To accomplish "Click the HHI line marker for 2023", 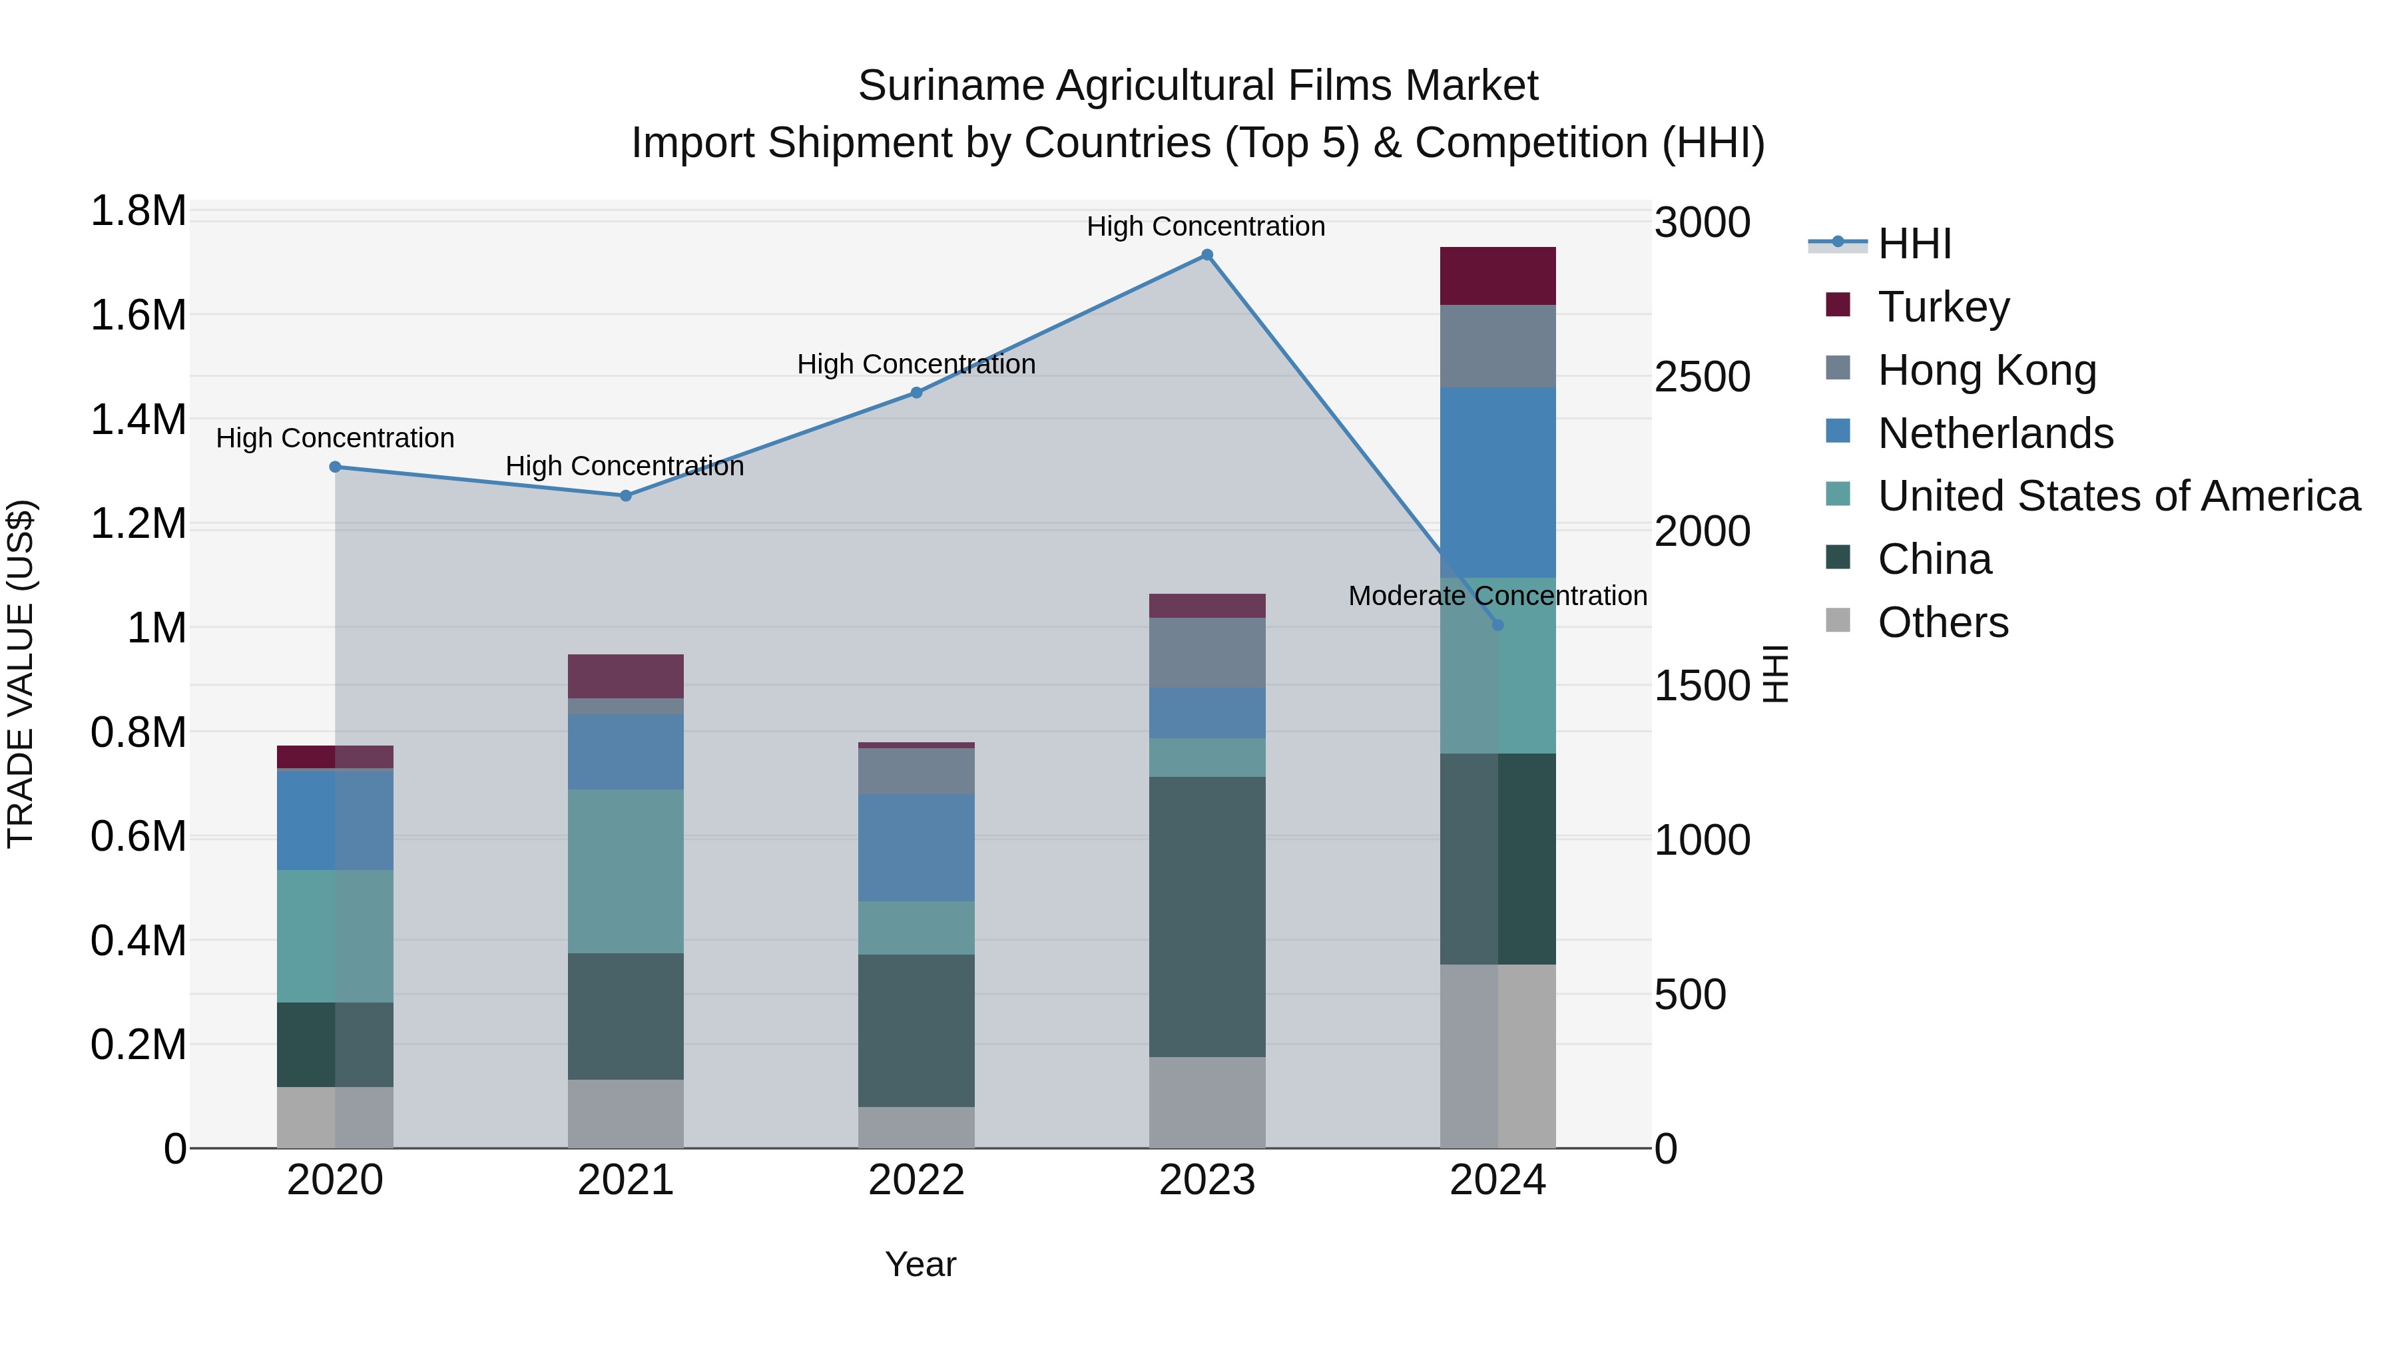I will tap(1207, 255).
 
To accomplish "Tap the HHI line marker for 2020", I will tap(335, 467).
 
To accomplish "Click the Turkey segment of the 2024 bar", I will tap(1497, 276).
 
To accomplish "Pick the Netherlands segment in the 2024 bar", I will tap(1497, 482).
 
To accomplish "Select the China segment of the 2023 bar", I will tap(1207, 917).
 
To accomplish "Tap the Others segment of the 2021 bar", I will tap(625, 1114).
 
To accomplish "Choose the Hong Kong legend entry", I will tap(1987, 370).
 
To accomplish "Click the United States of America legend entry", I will tap(2119, 496).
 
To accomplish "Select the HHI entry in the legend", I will tap(1914, 244).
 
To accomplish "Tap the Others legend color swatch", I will tap(1838, 620).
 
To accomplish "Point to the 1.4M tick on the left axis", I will tap(138, 419).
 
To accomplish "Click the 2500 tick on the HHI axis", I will tap(1702, 377).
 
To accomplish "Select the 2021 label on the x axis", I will tap(625, 1180).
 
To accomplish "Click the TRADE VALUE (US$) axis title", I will tap(21, 674).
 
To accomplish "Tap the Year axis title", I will tap(920, 1264).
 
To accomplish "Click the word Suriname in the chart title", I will tap(951, 86).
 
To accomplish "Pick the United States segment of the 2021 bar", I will tap(625, 871).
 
